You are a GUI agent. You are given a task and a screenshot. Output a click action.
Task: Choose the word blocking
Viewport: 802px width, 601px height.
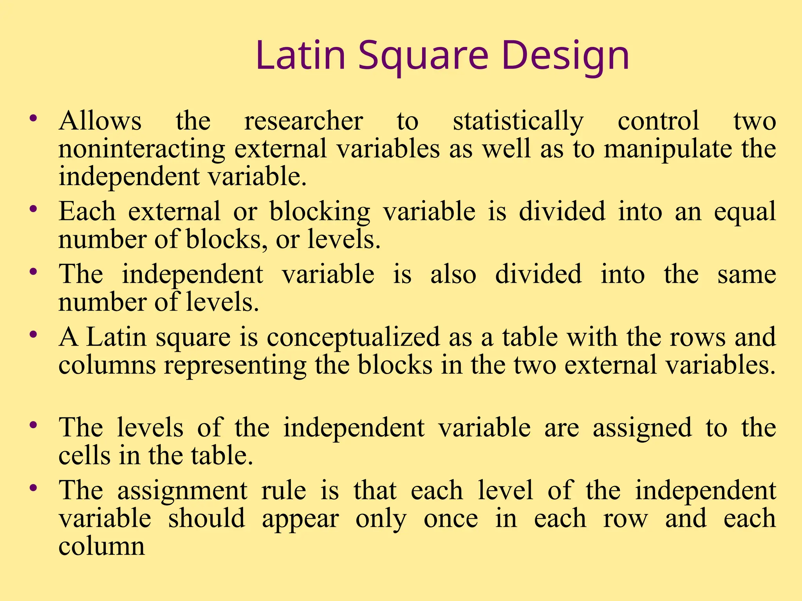(320, 212)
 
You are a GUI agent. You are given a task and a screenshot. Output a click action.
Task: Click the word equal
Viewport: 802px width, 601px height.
(744, 212)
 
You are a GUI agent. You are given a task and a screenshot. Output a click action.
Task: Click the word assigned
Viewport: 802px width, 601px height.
(642, 427)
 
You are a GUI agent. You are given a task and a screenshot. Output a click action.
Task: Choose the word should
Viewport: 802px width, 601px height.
(207, 518)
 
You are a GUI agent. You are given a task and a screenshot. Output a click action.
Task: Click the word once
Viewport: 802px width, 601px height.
(451, 518)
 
